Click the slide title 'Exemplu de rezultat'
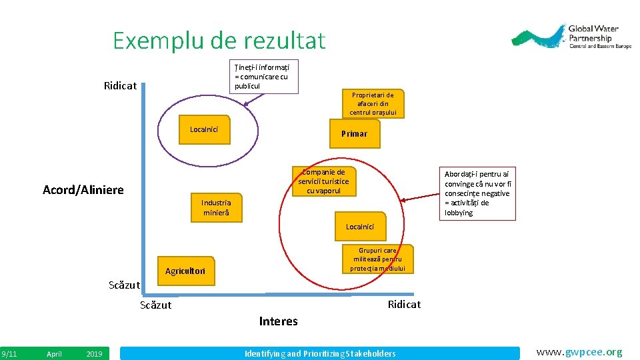coord(219,41)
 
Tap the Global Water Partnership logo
coord(571,38)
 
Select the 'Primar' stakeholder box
coord(354,133)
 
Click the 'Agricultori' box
coord(185,271)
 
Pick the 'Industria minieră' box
coord(216,207)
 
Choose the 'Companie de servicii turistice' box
coord(323,181)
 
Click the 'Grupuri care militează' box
coord(377,259)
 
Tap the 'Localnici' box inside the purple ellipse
coord(209,129)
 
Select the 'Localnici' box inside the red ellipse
coord(360,227)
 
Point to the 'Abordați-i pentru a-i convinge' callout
coord(477,193)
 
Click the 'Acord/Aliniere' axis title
coord(83,190)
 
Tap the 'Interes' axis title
coord(278,321)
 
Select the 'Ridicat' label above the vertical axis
coord(120,86)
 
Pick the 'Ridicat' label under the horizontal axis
coord(404,304)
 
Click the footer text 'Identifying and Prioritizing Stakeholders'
coord(320,353)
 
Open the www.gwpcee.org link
coord(579,352)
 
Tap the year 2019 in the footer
coord(95,354)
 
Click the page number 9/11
coord(9,354)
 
